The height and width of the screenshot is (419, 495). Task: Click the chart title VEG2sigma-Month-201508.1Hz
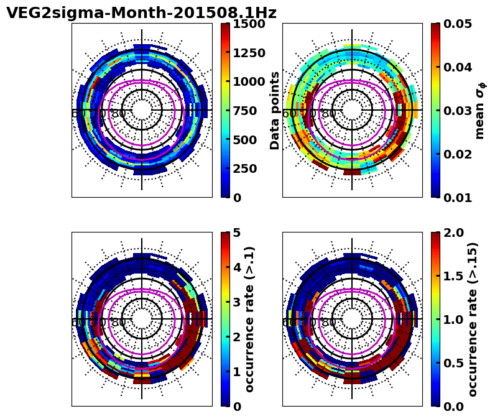pyautogui.click(x=141, y=13)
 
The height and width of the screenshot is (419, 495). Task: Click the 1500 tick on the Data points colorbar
pyautogui.click(x=249, y=24)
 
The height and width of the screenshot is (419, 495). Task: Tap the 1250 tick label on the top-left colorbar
pyautogui.click(x=249, y=53)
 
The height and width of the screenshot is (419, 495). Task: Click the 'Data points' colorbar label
pyautogui.click(x=275, y=110)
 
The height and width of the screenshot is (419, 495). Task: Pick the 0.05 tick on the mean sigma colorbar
pyautogui.click(x=458, y=24)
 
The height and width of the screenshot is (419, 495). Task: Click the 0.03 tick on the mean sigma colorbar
pyautogui.click(x=458, y=111)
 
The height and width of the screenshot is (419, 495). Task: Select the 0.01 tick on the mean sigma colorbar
pyautogui.click(x=458, y=198)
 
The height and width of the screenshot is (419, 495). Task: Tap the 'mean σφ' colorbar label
pyautogui.click(x=480, y=111)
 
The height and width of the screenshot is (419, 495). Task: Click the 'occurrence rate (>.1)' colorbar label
pyautogui.click(x=250, y=319)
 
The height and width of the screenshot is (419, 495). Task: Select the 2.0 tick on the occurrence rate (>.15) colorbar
pyautogui.click(x=453, y=233)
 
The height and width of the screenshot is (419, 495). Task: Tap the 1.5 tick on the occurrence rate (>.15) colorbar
pyautogui.click(x=453, y=276)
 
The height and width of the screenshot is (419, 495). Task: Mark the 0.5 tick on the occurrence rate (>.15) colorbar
pyautogui.click(x=453, y=363)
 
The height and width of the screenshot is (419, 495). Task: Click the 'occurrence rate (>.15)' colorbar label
pyautogui.click(x=473, y=319)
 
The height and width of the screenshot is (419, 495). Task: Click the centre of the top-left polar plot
pyautogui.click(x=142, y=110)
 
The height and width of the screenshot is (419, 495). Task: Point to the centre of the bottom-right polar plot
pyautogui.click(x=352, y=319)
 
